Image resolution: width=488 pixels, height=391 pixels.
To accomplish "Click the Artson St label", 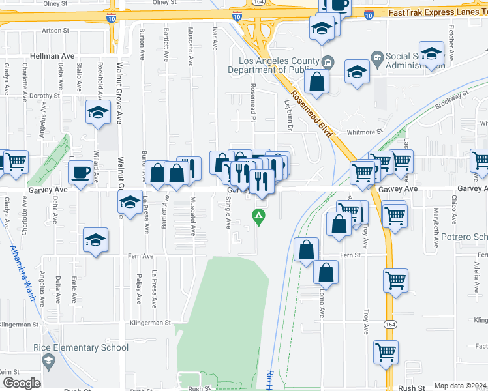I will [x=55, y=30].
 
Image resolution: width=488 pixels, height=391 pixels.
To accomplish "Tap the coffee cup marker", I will [x=81, y=173].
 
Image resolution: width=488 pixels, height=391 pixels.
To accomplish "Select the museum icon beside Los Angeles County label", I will [x=328, y=62].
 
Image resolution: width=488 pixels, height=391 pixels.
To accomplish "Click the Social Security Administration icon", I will [x=376, y=58].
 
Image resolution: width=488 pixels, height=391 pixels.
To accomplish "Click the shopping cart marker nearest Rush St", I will [x=386, y=353].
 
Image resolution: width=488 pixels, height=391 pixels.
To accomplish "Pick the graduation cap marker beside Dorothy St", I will [x=98, y=113].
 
